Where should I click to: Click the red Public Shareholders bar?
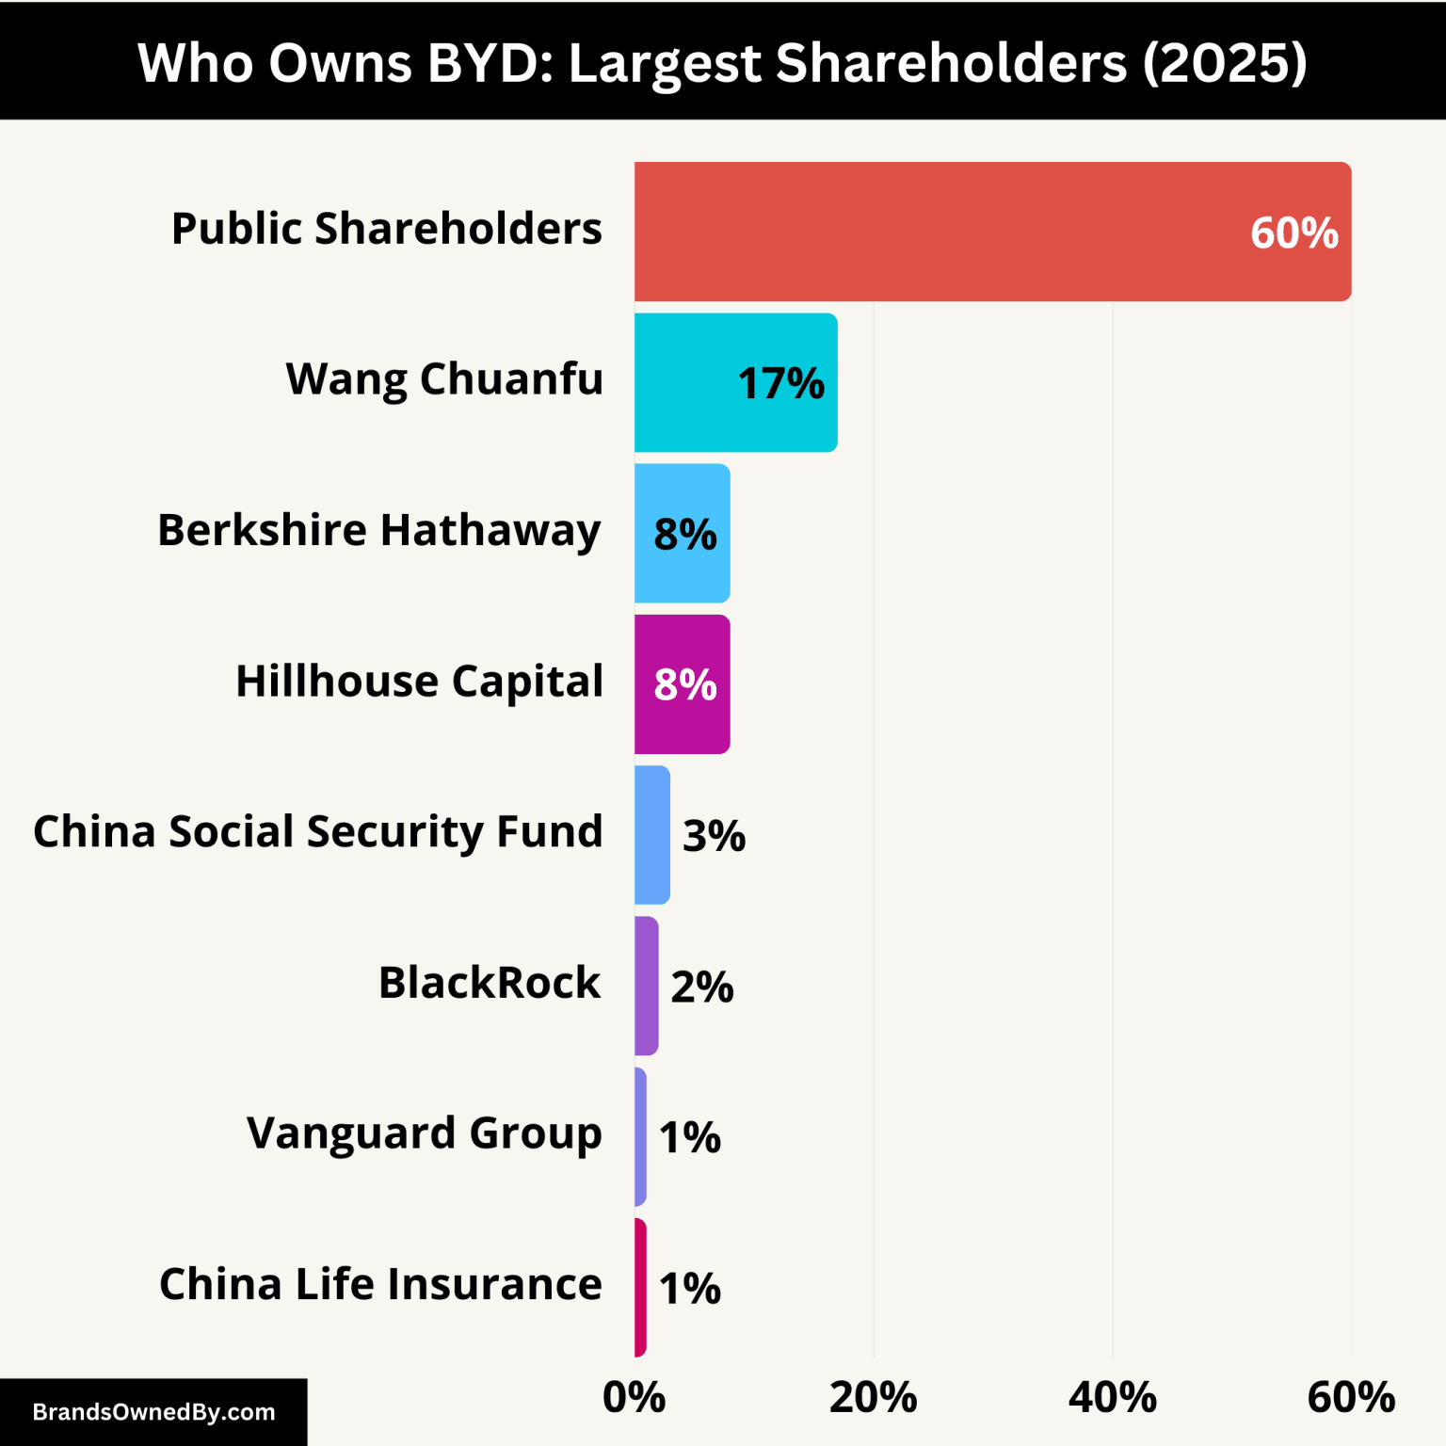click(x=941, y=232)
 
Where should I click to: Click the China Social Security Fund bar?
click(x=651, y=835)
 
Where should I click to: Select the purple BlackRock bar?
click(x=646, y=986)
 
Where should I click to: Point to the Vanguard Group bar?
click(x=640, y=1136)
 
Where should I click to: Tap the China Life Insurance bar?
click(x=640, y=1287)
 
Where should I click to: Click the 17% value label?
click(x=780, y=384)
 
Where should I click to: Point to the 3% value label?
click(x=714, y=836)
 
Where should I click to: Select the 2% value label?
click(x=701, y=987)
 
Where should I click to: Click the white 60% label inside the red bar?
click(x=1293, y=233)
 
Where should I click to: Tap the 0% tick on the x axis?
click(x=634, y=1398)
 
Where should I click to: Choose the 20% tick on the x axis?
click(x=873, y=1398)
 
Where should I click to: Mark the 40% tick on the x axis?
click(x=1112, y=1398)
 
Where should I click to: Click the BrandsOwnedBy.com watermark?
click(x=153, y=1412)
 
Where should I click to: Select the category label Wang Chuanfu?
click(x=444, y=379)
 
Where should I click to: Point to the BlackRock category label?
click(x=489, y=983)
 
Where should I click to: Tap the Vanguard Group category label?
click(x=424, y=1133)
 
